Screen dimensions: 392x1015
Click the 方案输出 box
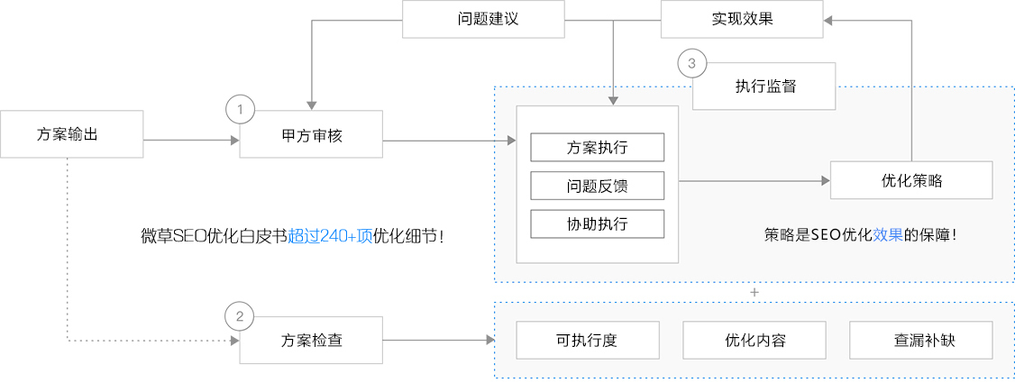tap(71, 133)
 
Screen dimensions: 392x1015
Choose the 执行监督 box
tap(764, 87)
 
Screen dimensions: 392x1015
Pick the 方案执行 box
tap(597, 147)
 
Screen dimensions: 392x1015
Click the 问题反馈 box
tap(597, 186)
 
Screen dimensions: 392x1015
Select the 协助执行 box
tap(597, 223)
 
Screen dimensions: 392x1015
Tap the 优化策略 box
tap(911, 180)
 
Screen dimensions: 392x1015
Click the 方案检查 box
tap(312, 341)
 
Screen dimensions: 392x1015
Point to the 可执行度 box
tap(587, 341)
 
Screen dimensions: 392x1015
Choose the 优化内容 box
tap(754, 341)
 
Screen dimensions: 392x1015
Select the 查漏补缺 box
tap(920, 341)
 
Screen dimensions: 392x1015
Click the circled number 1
tap(240, 110)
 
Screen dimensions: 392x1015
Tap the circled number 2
tap(239, 316)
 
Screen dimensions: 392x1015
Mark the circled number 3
tap(691, 63)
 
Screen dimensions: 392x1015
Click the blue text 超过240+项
tap(330, 237)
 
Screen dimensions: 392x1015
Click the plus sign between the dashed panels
tap(754, 293)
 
